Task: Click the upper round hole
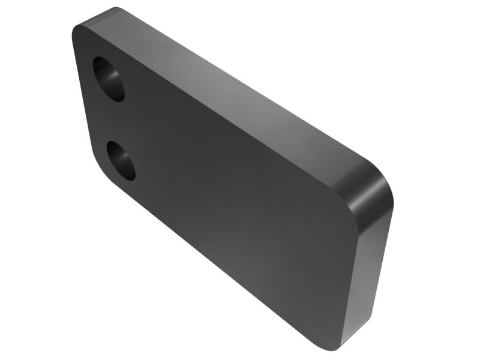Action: click(109, 79)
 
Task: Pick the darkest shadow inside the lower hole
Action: click(116, 151)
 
